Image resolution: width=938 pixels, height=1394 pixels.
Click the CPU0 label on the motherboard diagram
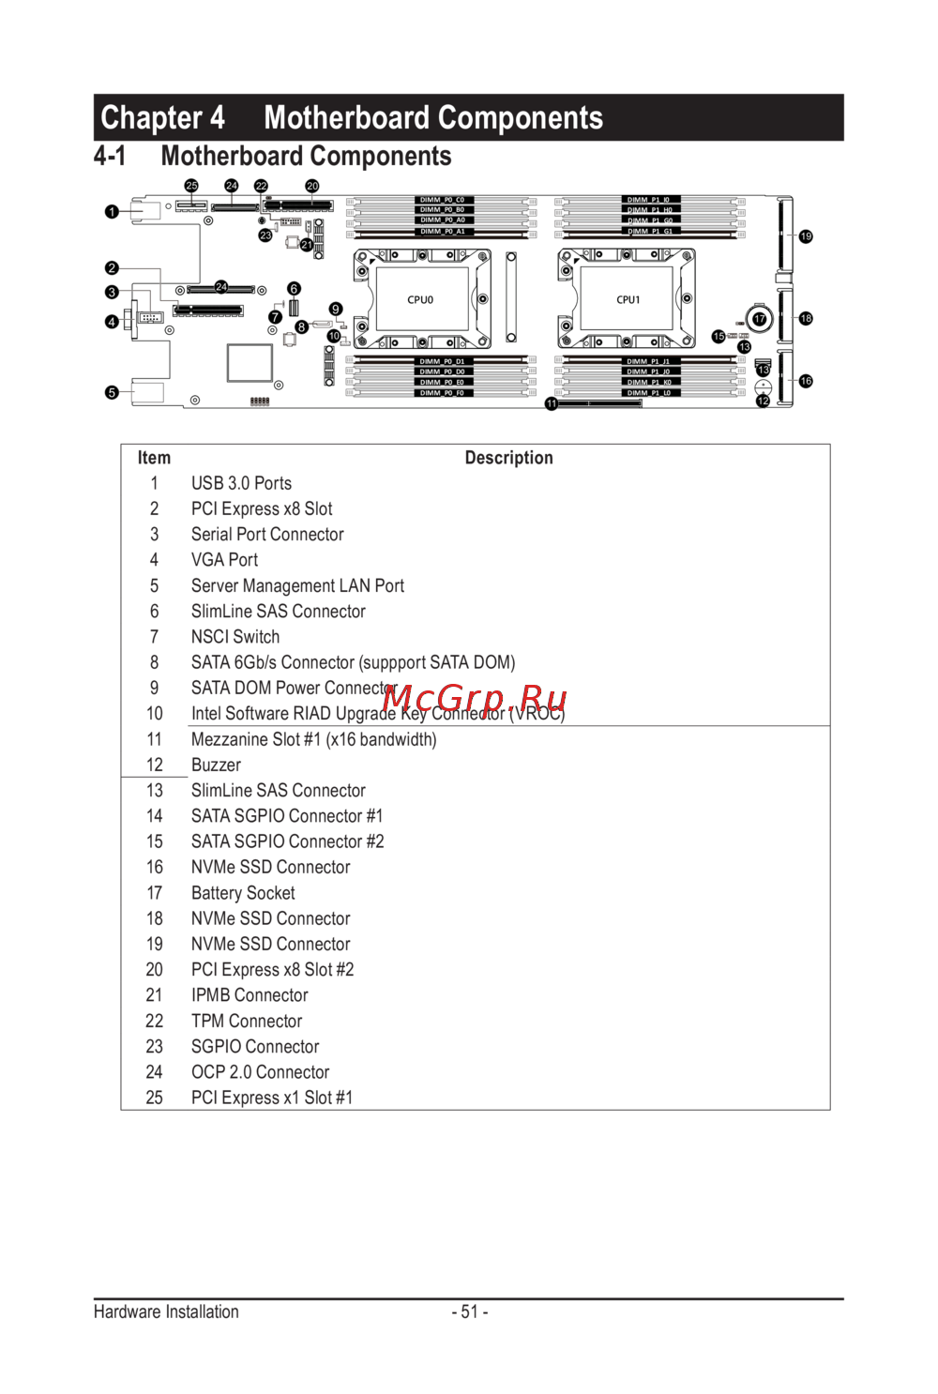[420, 300]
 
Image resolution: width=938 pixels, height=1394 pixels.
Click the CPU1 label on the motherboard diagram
[628, 300]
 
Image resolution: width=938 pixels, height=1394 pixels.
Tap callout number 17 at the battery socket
[760, 319]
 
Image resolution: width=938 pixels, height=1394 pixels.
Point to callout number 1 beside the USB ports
[112, 212]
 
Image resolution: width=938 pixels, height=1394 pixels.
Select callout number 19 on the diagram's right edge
[806, 236]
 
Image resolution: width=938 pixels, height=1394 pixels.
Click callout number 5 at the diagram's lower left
[112, 393]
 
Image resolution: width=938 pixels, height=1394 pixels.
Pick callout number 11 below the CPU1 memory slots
[552, 404]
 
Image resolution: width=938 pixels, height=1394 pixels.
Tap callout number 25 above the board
[191, 186]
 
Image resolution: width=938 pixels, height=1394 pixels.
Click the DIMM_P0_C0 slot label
[442, 200]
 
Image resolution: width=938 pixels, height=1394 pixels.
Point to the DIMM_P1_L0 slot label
[649, 393]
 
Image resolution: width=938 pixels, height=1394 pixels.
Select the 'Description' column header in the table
[508, 458]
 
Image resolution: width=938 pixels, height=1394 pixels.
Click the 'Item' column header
[154, 458]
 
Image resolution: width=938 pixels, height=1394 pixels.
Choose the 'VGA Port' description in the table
[224, 560]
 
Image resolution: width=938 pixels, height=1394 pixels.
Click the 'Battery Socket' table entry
[243, 893]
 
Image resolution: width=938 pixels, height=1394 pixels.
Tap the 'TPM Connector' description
[247, 1021]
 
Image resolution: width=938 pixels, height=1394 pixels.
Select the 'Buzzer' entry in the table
[216, 765]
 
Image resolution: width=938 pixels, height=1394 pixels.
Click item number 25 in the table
[154, 1098]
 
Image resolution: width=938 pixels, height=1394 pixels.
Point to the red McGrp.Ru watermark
[475, 699]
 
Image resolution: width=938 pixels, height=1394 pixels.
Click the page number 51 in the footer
[470, 1311]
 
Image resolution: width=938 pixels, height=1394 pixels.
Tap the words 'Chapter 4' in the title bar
[162, 118]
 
